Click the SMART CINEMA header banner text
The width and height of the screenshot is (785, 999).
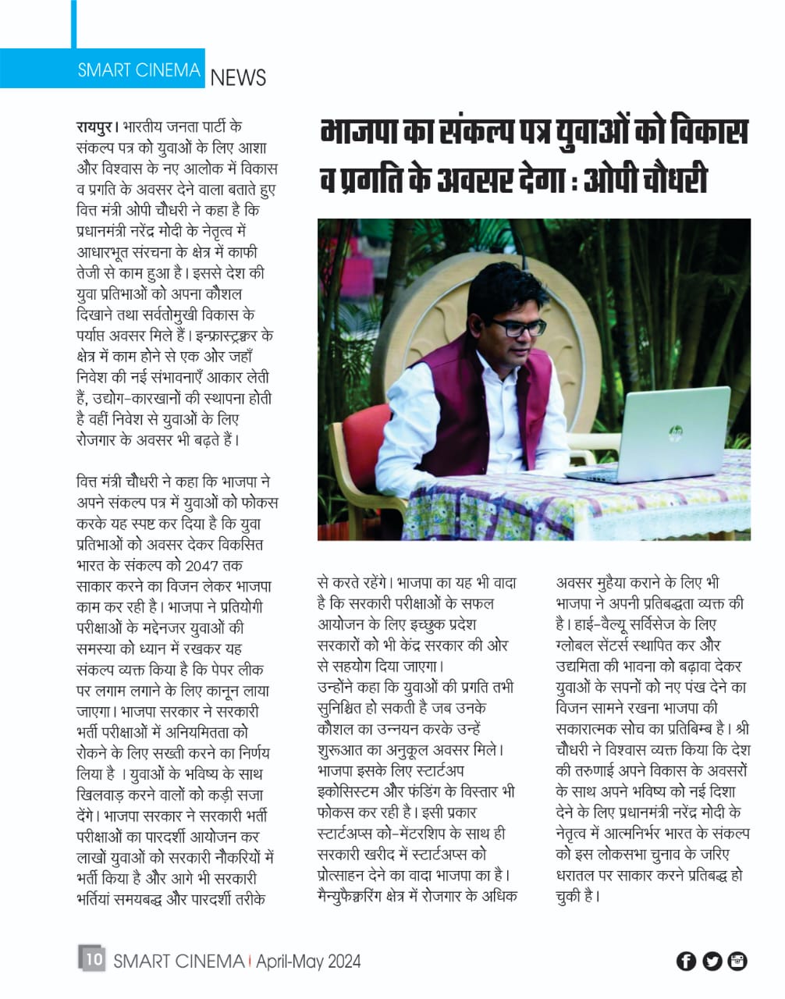click(x=139, y=70)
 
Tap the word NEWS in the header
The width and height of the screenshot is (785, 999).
click(x=238, y=77)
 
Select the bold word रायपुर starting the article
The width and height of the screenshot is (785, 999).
click(x=95, y=126)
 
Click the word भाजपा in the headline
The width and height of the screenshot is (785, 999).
click(x=361, y=131)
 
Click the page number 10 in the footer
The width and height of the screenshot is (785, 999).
click(x=92, y=958)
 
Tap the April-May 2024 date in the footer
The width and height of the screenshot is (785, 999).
click(x=308, y=961)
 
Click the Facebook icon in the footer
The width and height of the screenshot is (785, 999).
click(x=686, y=961)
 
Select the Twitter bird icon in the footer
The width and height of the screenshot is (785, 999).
click(x=712, y=961)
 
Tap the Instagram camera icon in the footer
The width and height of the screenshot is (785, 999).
click(x=737, y=961)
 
